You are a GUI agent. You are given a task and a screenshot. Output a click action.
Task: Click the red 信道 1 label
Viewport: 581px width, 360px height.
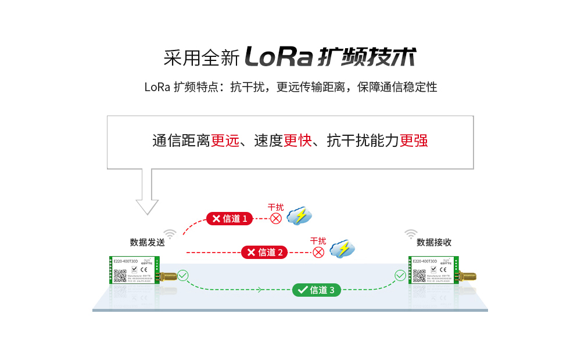pyautogui.click(x=229, y=218)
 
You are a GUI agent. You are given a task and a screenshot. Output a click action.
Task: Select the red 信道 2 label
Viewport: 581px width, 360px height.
pyautogui.click(x=264, y=252)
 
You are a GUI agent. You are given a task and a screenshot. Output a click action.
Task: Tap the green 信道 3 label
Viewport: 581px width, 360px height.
pyautogui.click(x=316, y=290)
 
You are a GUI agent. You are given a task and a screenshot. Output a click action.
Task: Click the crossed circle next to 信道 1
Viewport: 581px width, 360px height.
pyautogui.click(x=276, y=218)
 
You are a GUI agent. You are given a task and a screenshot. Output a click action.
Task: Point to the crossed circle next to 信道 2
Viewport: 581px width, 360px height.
pyautogui.click(x=318, y=252)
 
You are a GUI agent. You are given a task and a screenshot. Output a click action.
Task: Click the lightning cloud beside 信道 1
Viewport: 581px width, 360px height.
pyautogui.click(x=300, y=216)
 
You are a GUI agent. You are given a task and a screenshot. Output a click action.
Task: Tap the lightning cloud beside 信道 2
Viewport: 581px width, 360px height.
pyautogui.click(x=342, y=249)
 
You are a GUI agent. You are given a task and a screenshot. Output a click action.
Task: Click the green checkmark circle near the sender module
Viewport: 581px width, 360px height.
pyautogui.click(x=183, y=275)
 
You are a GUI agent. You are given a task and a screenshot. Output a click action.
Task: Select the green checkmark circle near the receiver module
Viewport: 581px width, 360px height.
pyautogui.click(x=400, y=275)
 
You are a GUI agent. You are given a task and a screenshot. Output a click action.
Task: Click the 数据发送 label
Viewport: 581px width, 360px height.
pyautogui.click(x=147, y=243)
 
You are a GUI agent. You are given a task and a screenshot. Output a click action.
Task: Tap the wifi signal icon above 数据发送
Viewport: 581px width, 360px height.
pyautogui.click(x=170, y=234)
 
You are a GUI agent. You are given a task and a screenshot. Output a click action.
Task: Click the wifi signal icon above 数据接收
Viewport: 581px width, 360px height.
pyautogui.click(x=411, y=234)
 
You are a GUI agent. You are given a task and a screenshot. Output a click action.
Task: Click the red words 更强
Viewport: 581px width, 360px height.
pyautogui.click(x=414, y=141)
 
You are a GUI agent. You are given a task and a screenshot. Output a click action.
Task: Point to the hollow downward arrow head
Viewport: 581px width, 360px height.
pyautogui.click(x=147, y=206)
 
